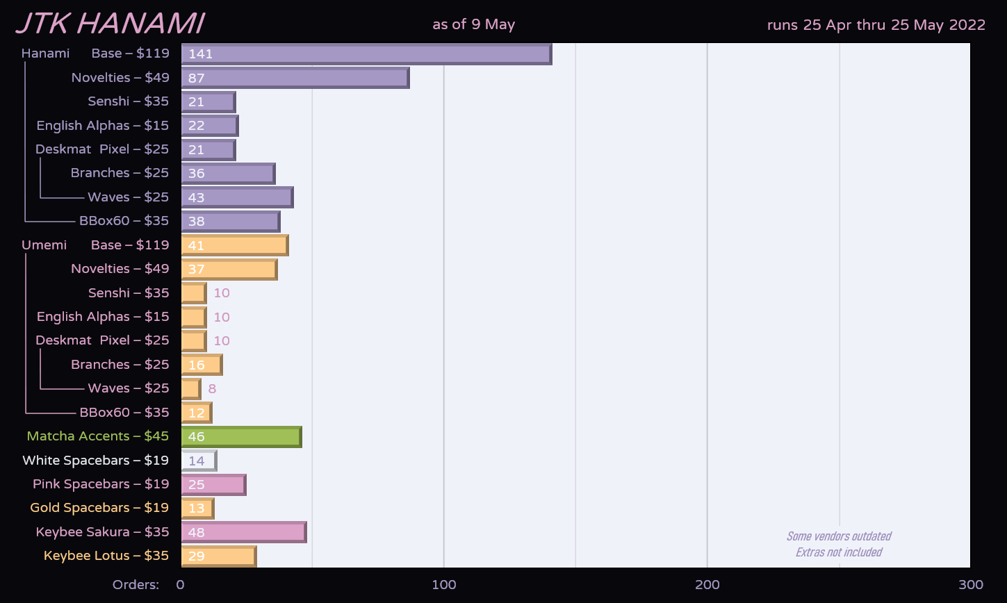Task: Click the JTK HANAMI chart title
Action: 110,24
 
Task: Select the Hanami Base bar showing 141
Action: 366,53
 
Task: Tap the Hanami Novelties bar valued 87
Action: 295,78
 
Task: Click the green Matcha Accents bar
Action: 241,437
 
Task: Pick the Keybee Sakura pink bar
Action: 244,532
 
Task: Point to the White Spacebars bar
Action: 199,461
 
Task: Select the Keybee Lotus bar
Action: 219,556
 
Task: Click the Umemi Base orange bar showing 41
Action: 235,245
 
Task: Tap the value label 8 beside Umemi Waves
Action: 212,389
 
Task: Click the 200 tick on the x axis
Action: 707,585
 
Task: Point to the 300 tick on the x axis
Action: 971,585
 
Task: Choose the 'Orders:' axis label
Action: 136,585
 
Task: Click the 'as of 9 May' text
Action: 473,24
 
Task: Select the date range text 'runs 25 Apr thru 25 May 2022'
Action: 876,25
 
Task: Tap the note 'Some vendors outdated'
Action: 838,536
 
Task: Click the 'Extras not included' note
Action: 838,552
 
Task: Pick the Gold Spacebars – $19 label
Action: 99,508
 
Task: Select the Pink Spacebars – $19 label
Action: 101,484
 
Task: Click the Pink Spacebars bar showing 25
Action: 213,484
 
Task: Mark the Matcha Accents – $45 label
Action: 97,436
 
